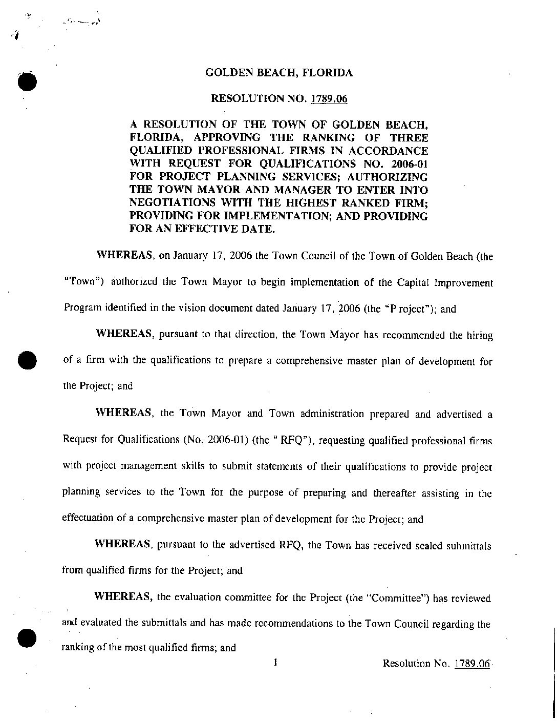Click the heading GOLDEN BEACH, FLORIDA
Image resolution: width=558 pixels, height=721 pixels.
coord(279,73)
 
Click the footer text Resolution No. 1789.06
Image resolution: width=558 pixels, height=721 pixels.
coord(436,664)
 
